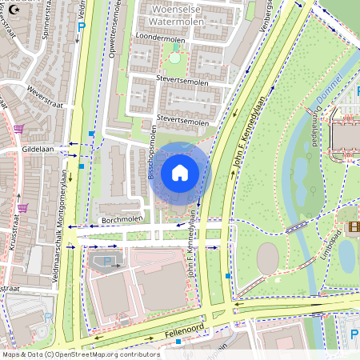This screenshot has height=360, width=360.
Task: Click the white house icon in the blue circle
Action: click(x=180, y=173)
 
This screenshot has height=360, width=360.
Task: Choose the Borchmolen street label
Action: click(x=121, y=218)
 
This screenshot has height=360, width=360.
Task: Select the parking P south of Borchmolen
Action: click(x=109, y=262)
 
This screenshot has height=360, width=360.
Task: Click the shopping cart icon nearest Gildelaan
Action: click(x=18, y=128)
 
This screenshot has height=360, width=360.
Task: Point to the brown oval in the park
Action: click(x=268, y=258)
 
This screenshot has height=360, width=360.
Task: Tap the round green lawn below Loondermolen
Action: click(x=174, y=58)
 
